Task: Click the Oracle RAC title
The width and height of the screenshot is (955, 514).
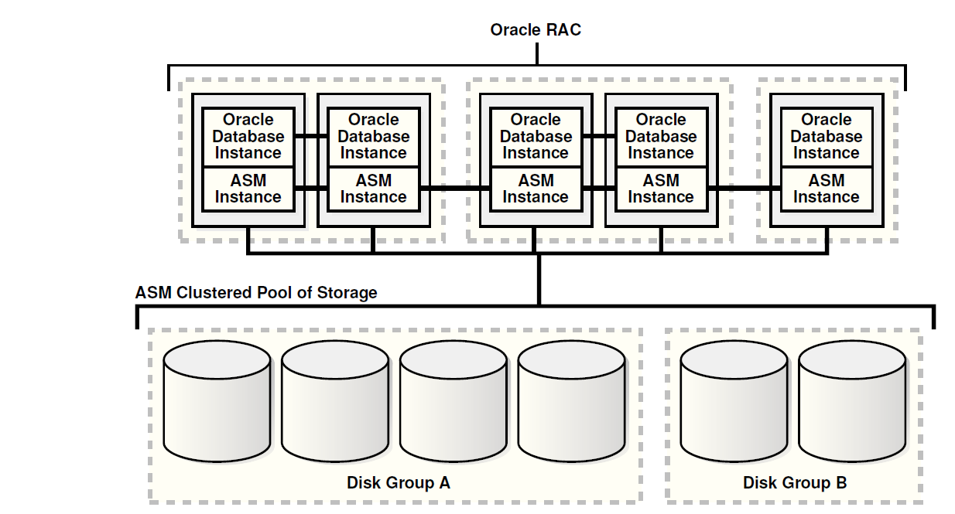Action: (536, 30)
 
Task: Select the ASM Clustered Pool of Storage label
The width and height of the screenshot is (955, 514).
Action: (256, 293)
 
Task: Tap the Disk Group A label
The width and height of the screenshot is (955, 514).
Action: (398, 483)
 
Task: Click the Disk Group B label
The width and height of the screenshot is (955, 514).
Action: (795, 483)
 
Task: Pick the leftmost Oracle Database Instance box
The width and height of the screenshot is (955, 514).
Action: (248, 137)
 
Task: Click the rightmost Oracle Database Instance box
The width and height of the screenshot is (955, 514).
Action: (826, 137)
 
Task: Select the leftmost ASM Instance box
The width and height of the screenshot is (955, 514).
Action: (248, 189)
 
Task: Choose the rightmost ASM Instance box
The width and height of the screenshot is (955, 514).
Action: (826, 189)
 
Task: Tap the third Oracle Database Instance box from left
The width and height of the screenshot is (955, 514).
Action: (536, 137)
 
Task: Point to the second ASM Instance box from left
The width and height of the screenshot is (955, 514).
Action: (374, 189)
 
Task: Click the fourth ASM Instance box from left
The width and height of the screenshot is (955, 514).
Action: (661, 189)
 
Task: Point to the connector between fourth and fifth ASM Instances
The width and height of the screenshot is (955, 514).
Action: (743, 188)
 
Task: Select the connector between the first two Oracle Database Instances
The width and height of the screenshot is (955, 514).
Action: (311, 136)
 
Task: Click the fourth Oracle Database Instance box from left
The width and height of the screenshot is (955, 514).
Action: (661, 137)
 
